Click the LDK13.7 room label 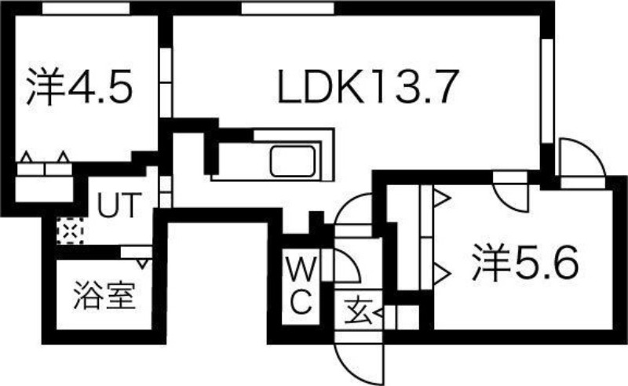tap(367, 87)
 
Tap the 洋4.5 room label tap(79, 86)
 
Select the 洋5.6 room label tap(525, 263)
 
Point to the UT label tap(120, 205)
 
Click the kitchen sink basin tap(292, 161)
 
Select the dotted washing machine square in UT tap(70, 231)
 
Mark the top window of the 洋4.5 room tap(86, 8)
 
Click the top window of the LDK tap(287, 8)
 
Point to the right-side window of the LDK tap(546, 91)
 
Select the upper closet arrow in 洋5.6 tap(442, 197)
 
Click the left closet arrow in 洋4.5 tap(27, 157)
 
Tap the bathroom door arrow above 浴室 tap(144, 263)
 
